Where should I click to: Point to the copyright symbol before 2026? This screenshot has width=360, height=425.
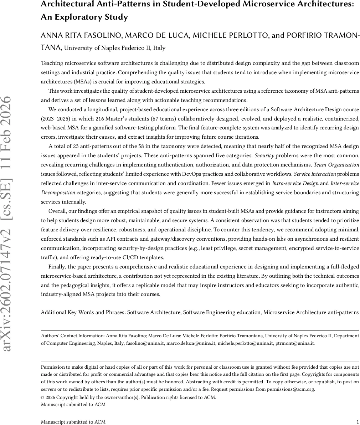43,398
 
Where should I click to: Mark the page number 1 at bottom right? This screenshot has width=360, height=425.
358,422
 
